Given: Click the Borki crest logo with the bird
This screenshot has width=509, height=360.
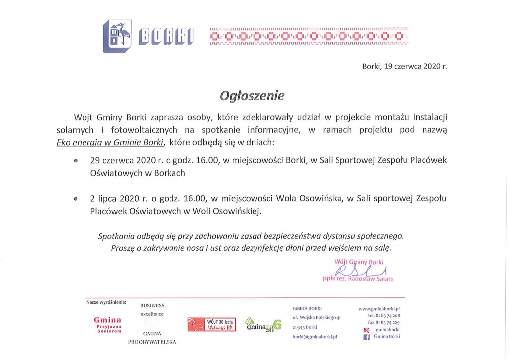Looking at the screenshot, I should pyautogui.click(x=117, y=36).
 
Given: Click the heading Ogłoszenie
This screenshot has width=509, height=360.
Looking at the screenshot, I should pyautogui.click(x=253, y=95).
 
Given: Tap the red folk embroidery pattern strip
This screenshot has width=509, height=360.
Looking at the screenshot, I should pyautogui.click(x=309, y=36).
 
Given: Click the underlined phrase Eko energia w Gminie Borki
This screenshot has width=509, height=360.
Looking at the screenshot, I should pyautogui.click(x=109, y=143).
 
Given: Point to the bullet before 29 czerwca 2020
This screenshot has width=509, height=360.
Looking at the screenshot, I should pyautogui.click(x=76, y=161).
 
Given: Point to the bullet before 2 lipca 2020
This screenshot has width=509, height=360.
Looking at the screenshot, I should pyautogui.click(x=76, y=199).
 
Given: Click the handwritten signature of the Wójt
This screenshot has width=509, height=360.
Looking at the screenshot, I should pyautogui.click(x=360, y=271).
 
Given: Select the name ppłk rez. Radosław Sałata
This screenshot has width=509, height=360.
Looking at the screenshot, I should pyautogui.click(x=358, y=279).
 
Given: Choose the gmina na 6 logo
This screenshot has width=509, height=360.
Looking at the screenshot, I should pyautogui.click(x=264, y=324).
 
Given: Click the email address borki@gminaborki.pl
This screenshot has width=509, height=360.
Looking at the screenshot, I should pyautogui.click(x=315, y=337).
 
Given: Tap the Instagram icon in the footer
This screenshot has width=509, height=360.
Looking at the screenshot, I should pyautogui.click(x=367, y=330).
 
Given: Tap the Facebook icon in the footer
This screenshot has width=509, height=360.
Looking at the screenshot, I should pyautogui.click(x=367, y=337).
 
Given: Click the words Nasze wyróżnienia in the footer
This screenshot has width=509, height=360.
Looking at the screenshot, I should pyautogui.click(x=106, y=302).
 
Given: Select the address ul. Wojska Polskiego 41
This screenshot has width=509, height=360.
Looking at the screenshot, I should pyautogui.click(x=317, y=317).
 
